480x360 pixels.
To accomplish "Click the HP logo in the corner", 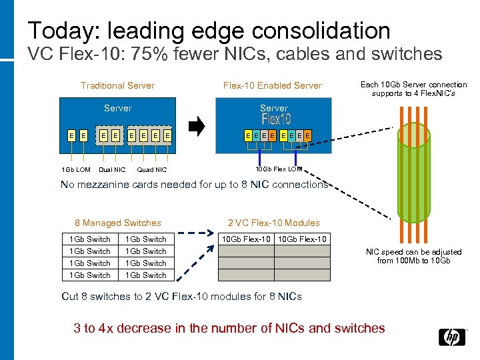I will coord(452,337).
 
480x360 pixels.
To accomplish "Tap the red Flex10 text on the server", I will coord(276,120).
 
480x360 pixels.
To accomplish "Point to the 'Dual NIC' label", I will coord(111,170).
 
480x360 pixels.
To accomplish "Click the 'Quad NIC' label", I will coord(151,170).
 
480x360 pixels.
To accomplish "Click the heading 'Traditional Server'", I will coord(117,85).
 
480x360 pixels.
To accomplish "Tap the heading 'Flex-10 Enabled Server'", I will coord(272,85).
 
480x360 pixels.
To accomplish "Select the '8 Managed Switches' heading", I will coord(118,223).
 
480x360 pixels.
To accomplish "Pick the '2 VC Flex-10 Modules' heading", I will coord(273,223).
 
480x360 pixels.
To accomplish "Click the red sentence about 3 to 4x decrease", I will coord(229,328).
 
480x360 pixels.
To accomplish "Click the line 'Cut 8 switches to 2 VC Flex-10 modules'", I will coord(181,297).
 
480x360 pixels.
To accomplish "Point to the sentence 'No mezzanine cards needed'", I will coord(194,185).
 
